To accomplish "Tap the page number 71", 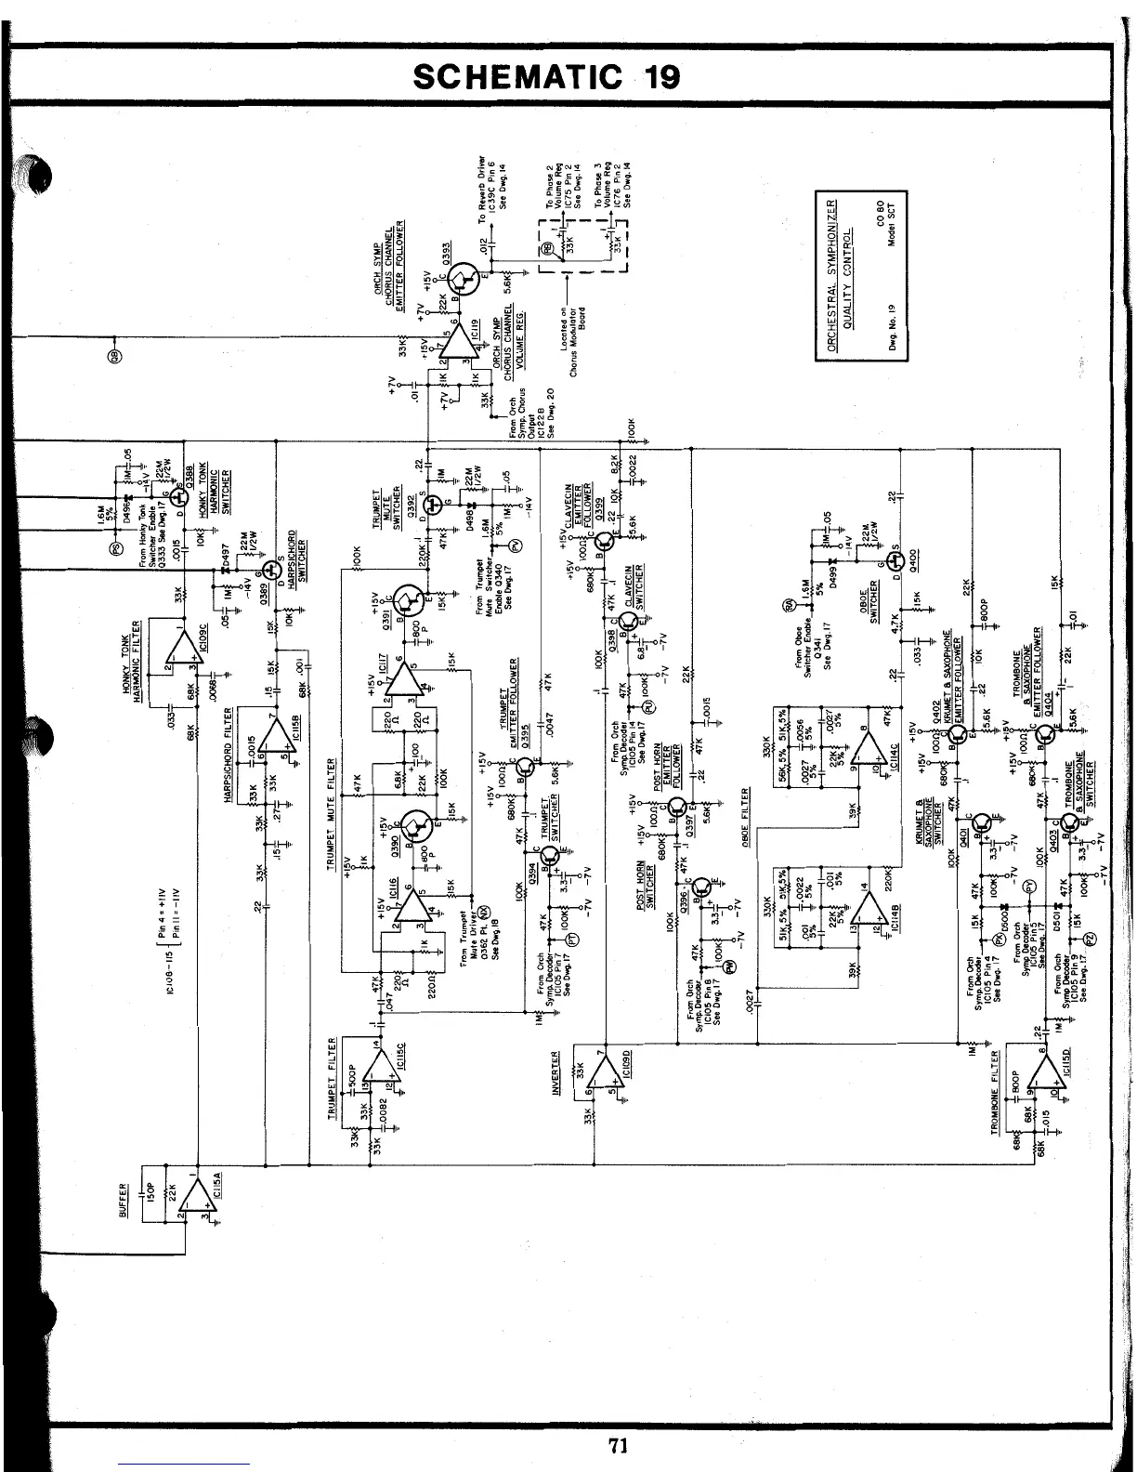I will click(x=621, y=1446).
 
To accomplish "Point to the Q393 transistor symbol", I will click(x=462, y=274).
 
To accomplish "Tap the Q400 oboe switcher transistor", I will click(x=896, y=562).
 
